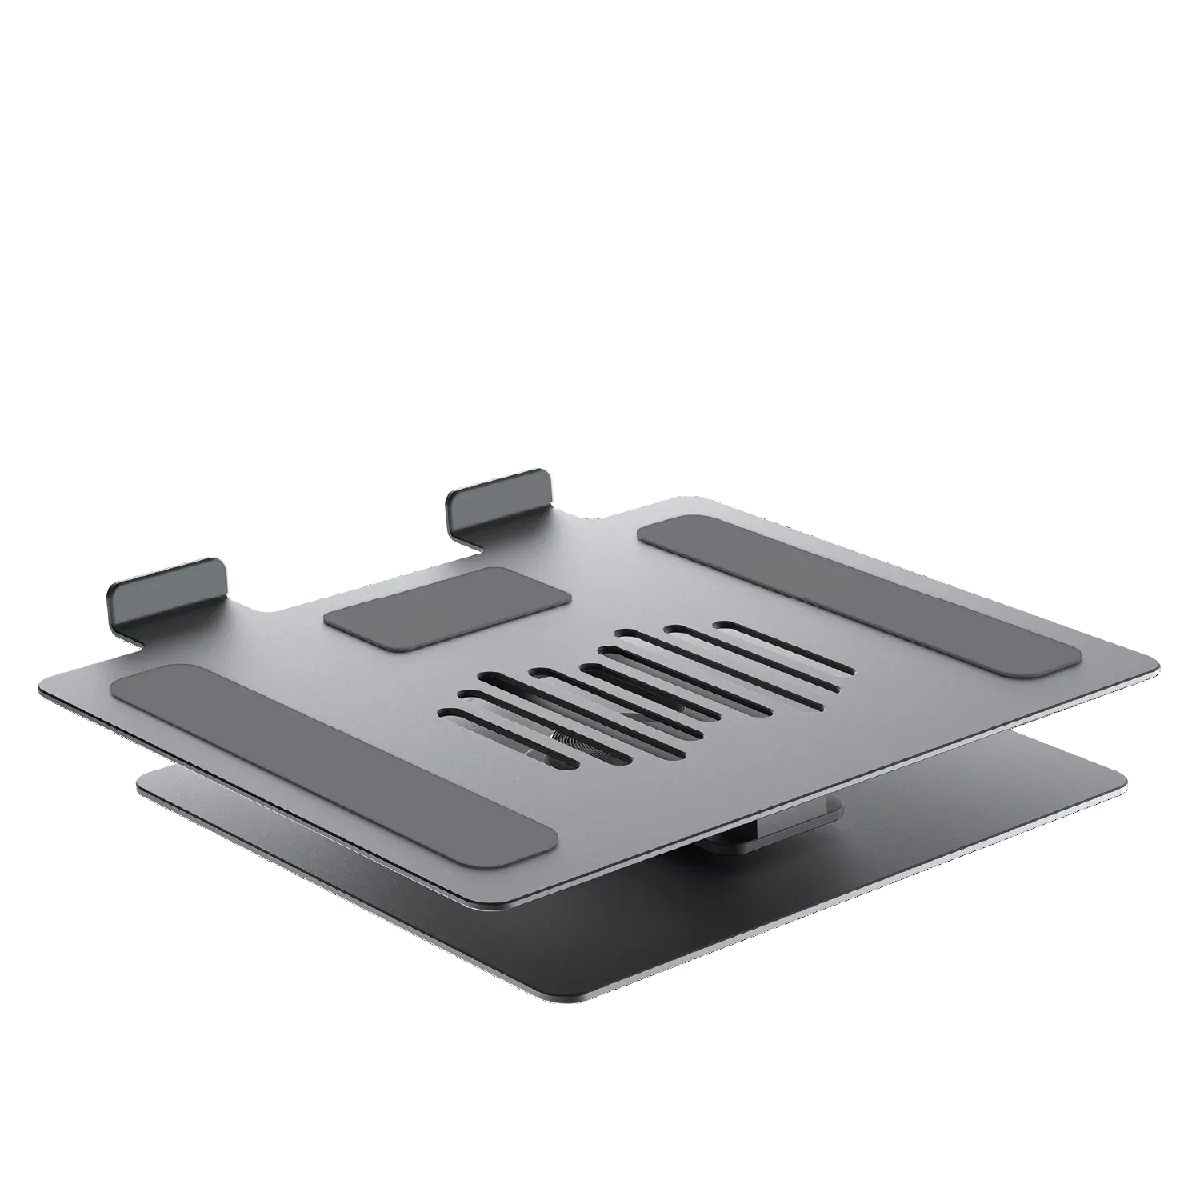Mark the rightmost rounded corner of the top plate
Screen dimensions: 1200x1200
pos(1152,664)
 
